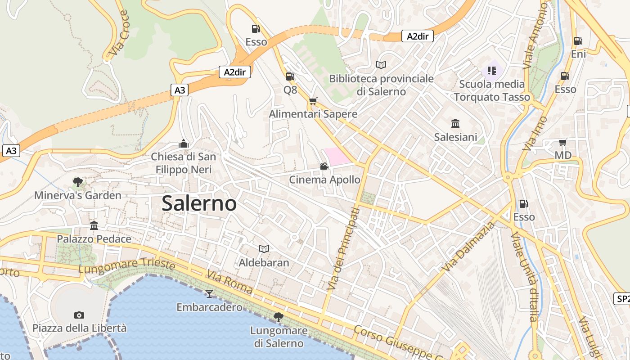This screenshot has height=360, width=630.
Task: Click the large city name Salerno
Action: pyautogui.click(x=199, y=203)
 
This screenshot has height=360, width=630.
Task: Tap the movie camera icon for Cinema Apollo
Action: pyautogui.click(x=324, y=166)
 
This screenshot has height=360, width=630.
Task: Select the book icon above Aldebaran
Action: pyautogui.click(x=264, y=249)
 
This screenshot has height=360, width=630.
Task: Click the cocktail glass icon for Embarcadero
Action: pyautogui.click(x=209, y=294)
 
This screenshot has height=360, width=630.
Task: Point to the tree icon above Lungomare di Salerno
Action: pyautogui.click(x=279, y=317)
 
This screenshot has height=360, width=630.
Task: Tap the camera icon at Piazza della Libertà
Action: pyautogui.click(x=79, y=315)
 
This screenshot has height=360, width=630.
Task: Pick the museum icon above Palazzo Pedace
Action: pyautogui.click(x=94, y=225)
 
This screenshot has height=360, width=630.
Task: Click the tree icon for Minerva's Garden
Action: pyautogui.click(x=78, y=182)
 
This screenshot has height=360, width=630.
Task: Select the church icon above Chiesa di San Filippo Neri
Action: pyautogui.click(x=183, y=144)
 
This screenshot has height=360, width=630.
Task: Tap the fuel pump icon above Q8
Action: pyautogui.click(x=290, y=76)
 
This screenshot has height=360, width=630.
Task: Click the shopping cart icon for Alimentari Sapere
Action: pyautogui.click(x=313, y=101)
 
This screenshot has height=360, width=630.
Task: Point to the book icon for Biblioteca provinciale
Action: pyautogui.click(x=381, y=65)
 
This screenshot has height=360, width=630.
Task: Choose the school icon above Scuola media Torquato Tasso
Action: pyautogui.click(x=492, y=70)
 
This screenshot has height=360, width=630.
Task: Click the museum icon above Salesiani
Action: pyautogui.click(x=455, y=123)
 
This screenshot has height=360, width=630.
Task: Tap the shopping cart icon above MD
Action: pyautogui.click(x=562, y=143)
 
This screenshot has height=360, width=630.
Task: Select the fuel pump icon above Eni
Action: pyautogui.click(x=578, y=41)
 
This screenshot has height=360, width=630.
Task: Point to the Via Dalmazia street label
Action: pyautogui.click(x=468, y=247)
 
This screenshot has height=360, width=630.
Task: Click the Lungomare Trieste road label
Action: pyautogui.click(x=126, y=265)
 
